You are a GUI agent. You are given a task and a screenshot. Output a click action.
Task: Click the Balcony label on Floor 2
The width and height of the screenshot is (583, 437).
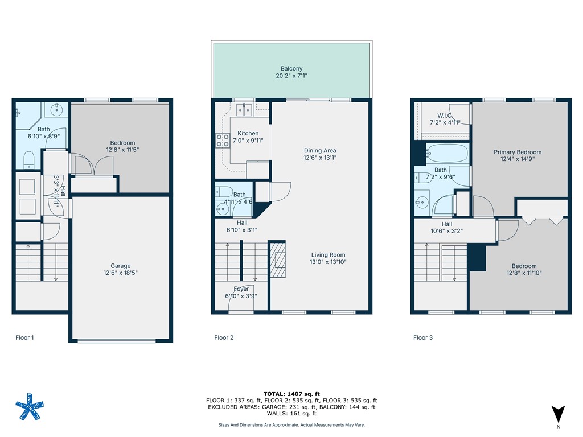291,68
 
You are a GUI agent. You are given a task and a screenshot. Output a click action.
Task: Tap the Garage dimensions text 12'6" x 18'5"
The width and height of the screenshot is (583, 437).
120,273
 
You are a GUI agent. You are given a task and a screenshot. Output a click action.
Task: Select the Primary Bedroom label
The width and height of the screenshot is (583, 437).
517,152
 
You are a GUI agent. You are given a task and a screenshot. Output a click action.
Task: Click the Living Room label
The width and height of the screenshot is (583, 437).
328,255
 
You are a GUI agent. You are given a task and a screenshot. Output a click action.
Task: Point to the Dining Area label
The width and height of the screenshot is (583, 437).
319,151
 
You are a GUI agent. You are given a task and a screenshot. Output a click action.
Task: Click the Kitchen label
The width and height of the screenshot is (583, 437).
248,133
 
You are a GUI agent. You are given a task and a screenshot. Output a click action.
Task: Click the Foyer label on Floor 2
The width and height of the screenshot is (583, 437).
241,289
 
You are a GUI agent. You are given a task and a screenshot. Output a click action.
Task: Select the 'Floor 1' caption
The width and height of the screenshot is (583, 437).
24,337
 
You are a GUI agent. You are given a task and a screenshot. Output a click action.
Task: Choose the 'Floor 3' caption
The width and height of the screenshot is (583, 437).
422,337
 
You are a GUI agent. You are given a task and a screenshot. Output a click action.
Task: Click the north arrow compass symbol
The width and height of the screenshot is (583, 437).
558,414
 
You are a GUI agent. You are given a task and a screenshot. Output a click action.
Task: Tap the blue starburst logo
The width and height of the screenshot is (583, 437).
28,406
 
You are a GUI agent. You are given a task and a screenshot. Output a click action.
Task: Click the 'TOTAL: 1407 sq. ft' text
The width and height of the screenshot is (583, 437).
291,394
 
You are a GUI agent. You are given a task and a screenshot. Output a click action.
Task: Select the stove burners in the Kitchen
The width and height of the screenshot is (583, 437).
222,141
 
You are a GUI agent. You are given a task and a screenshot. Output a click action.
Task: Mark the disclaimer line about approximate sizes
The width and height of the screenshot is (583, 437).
291,425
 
